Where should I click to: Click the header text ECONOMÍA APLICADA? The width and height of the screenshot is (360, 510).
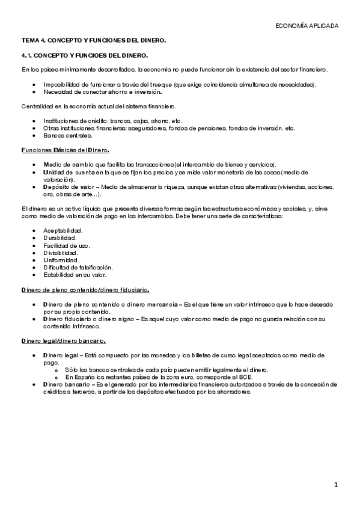(x=306, y=26)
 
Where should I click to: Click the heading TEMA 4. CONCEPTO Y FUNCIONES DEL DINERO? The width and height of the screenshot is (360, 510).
(x=93, y=40)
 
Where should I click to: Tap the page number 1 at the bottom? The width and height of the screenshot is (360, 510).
(x=337, y=484)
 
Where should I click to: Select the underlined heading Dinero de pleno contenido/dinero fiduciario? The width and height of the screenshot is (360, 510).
(x=85, y=290)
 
